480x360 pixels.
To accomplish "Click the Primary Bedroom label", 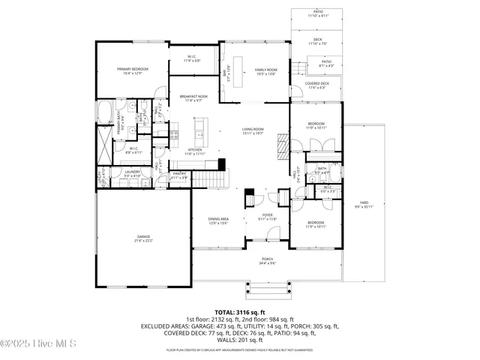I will coord(129,71).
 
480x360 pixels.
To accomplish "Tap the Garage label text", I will coord(144,238).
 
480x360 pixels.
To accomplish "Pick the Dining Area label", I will coord(218,220).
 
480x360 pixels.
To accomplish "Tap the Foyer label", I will coord(268,217).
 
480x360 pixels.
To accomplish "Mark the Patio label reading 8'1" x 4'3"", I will coord(326,64).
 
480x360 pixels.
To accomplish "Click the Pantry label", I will coord(179,175).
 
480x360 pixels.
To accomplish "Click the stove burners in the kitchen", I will coord(174,136).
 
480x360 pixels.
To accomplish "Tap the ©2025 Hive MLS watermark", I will coord(34,344).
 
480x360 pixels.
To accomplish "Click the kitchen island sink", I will coord(199,136).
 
